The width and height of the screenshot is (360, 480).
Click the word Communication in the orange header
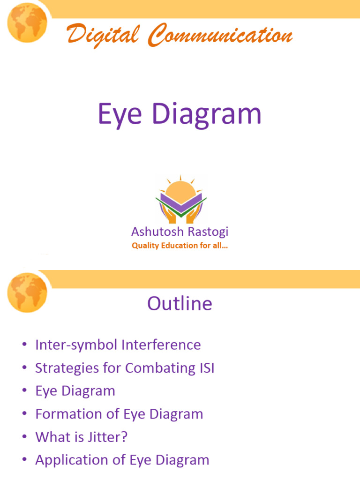point(219,36)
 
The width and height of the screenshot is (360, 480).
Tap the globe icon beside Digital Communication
point(27,22)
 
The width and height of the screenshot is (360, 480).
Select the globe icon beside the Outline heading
point(27,292)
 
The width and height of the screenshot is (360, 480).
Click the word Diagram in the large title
point(206,114)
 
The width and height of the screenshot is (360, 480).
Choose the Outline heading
point(180,304)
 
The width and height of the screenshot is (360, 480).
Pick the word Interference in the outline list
point(161,345)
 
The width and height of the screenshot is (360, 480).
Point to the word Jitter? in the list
point(111,437)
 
